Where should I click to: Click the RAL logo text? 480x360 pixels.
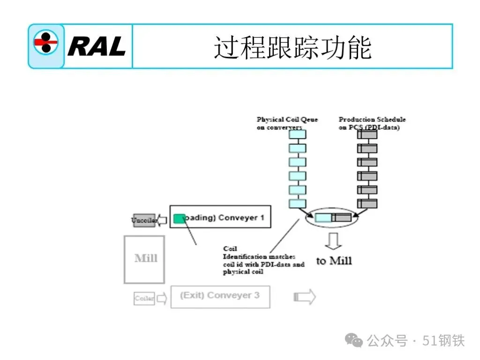tap(97, 46)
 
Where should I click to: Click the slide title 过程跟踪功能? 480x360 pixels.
tap(292, 47)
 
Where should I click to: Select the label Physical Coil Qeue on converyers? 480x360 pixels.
tap(287, 123)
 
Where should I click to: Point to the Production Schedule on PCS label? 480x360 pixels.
tap(372, 123)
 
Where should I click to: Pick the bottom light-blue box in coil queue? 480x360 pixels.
tap(297, 204)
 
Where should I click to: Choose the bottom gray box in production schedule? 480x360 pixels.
tap(367, 204)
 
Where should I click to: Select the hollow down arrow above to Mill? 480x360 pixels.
tap(333, 240)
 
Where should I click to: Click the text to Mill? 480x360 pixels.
tap(333, 261)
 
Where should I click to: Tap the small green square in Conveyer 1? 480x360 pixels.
tap(179, 218)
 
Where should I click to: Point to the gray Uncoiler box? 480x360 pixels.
tap(144, 220)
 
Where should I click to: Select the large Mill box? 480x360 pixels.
tap(144, 259)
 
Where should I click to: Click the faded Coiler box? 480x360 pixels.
tap(144, 299)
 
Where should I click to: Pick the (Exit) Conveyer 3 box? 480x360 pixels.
tap(220, 296)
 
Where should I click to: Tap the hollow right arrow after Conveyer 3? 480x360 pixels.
tap(305, 297)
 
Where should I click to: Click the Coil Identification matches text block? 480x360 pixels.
tap(263, 261)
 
